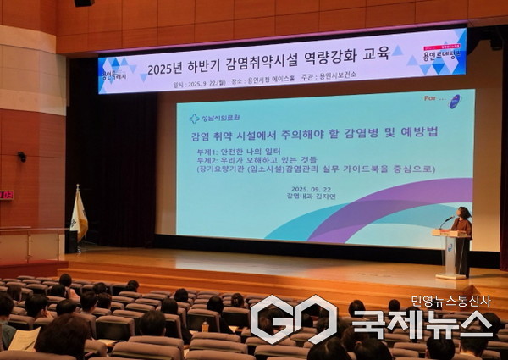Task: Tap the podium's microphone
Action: point(445,221)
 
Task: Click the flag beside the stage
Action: point(78,215)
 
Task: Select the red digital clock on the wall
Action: point(6,195)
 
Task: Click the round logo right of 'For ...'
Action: point(454,102)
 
